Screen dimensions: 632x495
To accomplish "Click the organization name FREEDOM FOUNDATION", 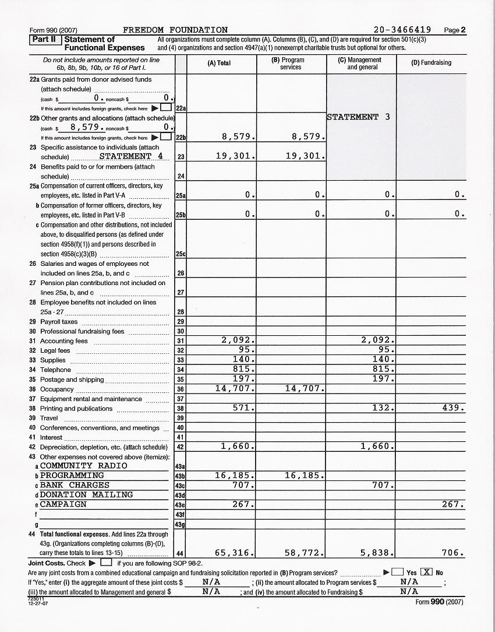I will click(x=175, y=30).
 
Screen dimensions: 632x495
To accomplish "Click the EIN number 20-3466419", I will click(x=402, y=30).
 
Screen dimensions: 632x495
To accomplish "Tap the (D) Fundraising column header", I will click(x=431, y=63).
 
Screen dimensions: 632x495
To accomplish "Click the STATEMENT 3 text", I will click(x=358, y=117).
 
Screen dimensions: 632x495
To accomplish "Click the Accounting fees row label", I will click(x=64, y=341).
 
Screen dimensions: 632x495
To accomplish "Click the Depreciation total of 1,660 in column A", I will click(x=238, y=447).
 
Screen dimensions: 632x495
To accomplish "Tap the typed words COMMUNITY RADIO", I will click(x=83, y=466).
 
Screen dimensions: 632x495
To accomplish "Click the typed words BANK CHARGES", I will click(x=75, y=485).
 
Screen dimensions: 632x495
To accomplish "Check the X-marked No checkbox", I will click(x=427, y=572).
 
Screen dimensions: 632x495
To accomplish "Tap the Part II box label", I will click(x=44, y=40).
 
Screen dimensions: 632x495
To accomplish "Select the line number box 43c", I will click(x=181, y=486).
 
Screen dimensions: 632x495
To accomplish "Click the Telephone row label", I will click(x=55, y=370).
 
